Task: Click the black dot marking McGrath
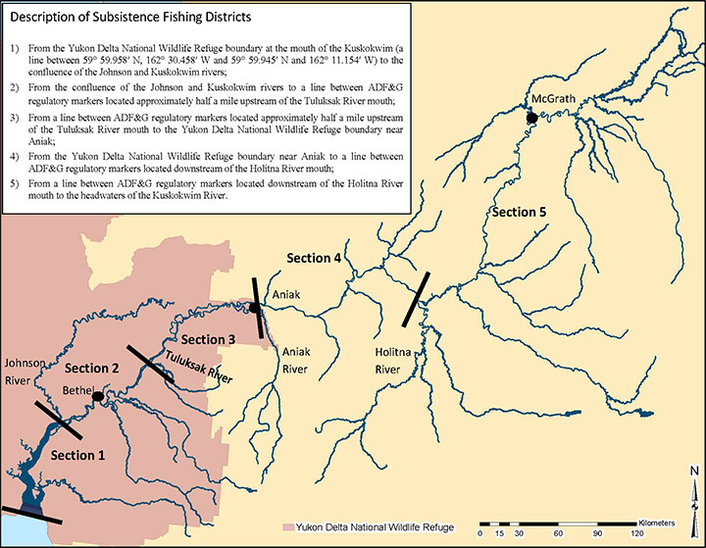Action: click(x=531, y=118)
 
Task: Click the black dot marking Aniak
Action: click(x=254, y=308)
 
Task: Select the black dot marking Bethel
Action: click(x=98, y=396)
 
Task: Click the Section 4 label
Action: click(x=314, y=258)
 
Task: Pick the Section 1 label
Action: click(x=78, y=455)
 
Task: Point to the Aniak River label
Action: click(x=295, y=360)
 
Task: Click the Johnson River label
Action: click(x=25, y=370)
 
